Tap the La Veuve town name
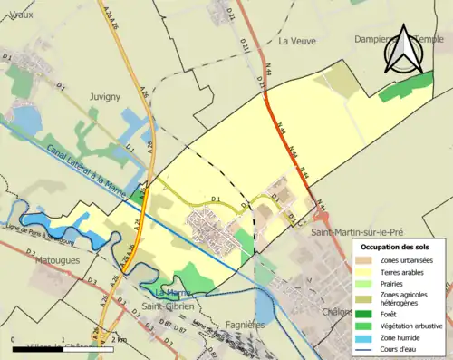[x=295, y=41]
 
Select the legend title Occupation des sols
[x=397, y=247]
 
